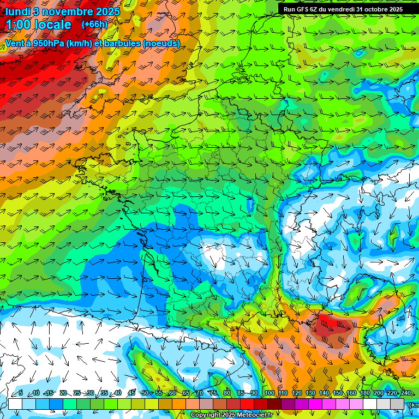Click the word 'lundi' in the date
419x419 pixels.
pos(17,11)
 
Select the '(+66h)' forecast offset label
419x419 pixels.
pos(94,25)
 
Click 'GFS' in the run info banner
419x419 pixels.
pos(306,9)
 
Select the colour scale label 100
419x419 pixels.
pos(270,393)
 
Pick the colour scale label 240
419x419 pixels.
pos(405,393)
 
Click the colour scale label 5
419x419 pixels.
pos(21,393)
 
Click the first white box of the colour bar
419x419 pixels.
pos(15,404)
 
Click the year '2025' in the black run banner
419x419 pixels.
pos(395,9)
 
